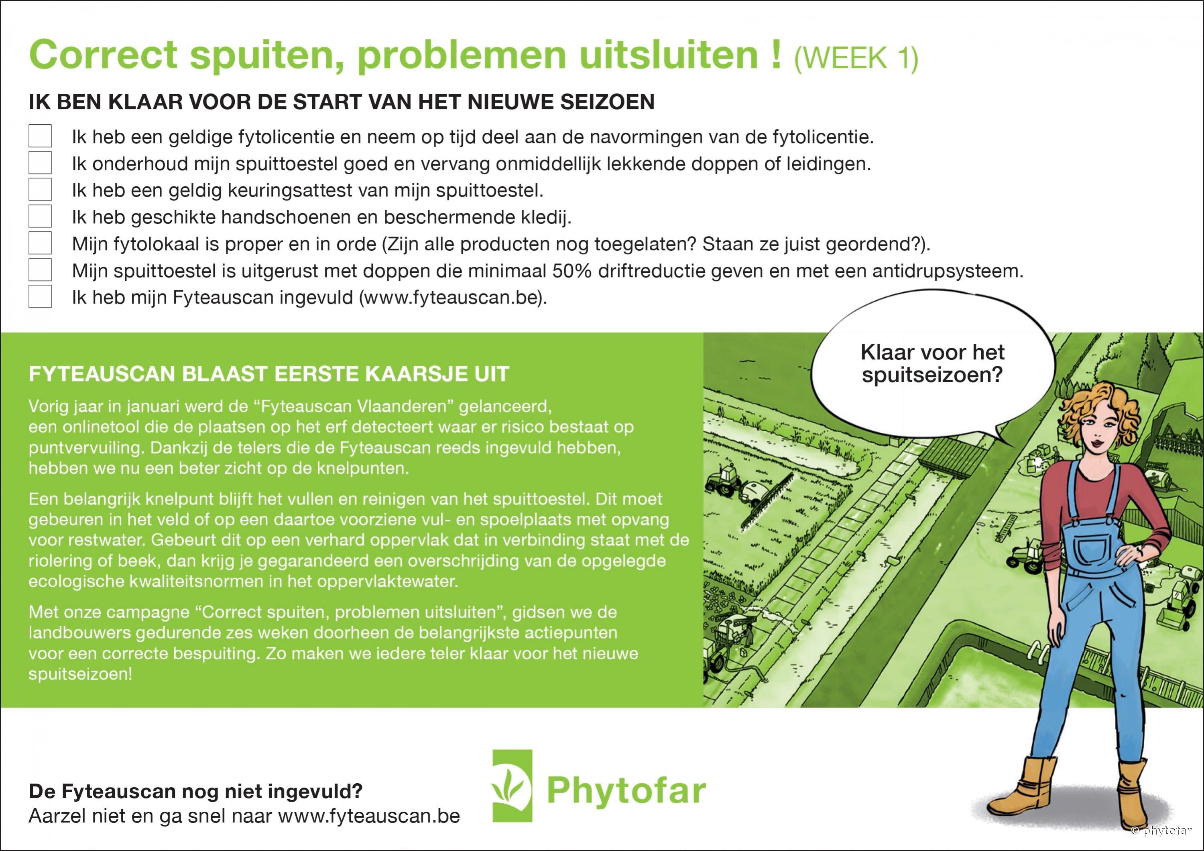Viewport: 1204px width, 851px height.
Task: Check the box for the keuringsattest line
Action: tap(40, 190)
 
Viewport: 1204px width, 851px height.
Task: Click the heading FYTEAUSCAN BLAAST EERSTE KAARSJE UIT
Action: tap(269, 374)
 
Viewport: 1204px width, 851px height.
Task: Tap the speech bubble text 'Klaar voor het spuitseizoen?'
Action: tap(932, 364)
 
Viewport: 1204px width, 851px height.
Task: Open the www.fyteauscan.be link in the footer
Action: tap(369, 816)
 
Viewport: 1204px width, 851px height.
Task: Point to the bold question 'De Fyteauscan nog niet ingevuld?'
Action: tap(195, 791)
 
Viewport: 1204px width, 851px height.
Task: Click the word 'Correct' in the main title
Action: tap(103, 55)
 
